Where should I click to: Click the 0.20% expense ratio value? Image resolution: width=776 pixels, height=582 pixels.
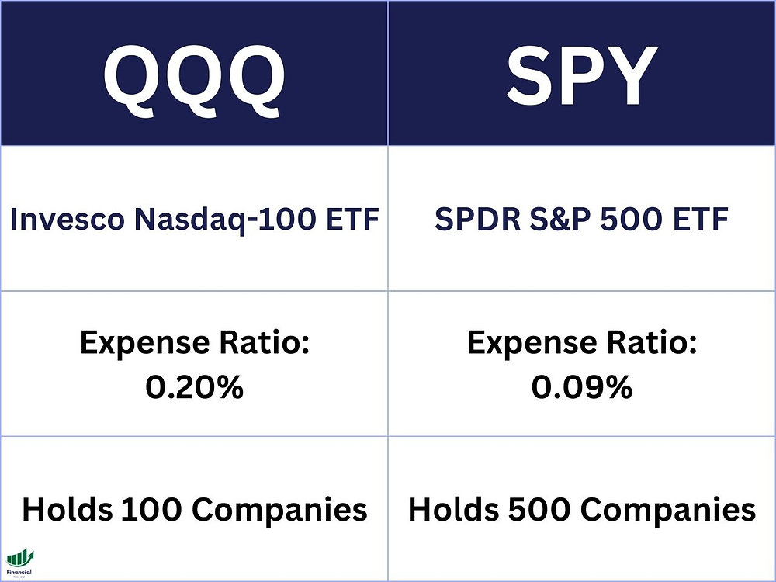click(194, 386)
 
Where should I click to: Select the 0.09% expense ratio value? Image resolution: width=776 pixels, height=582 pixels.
click(581, 386)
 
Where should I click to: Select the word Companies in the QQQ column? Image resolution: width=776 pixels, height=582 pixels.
click(279, 510)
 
